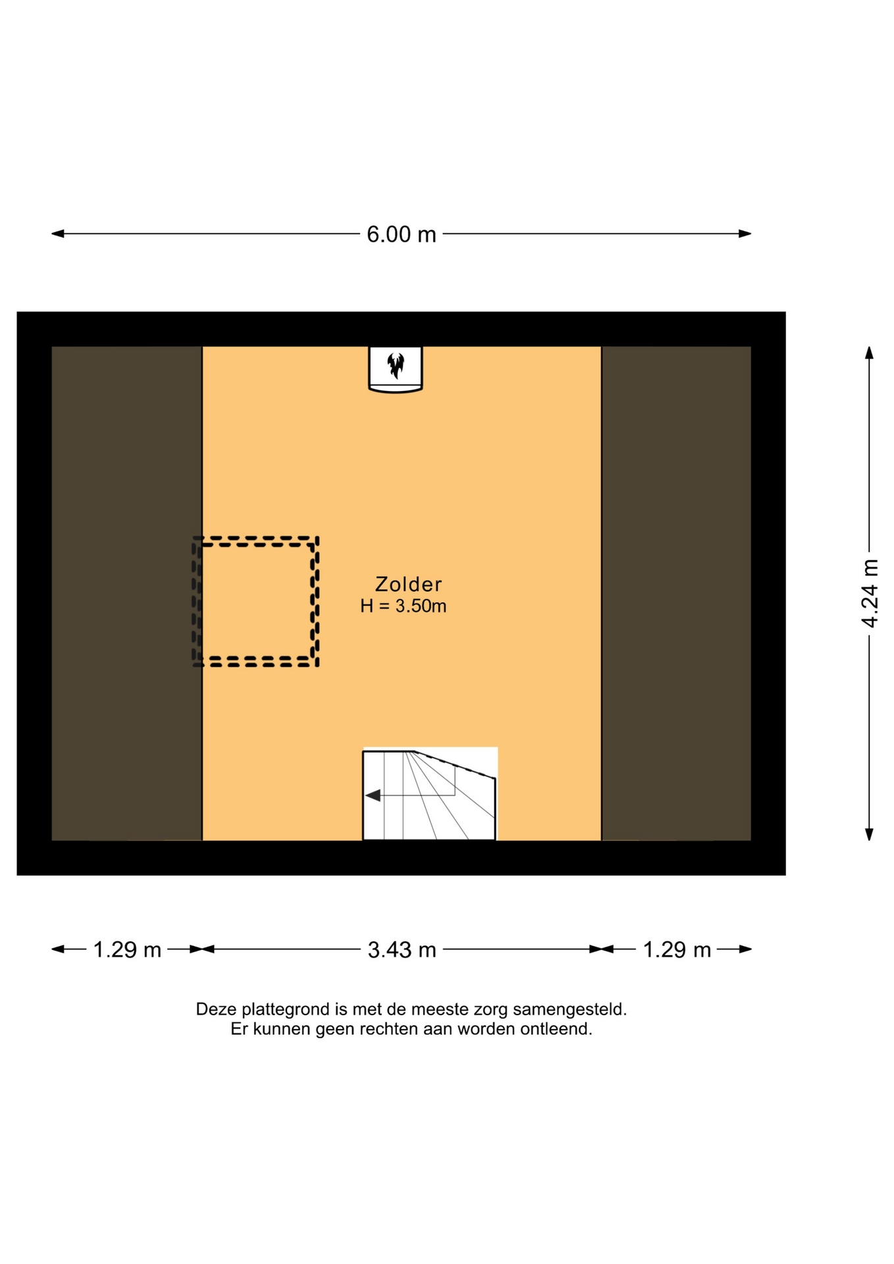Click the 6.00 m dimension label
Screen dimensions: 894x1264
coord(401,234)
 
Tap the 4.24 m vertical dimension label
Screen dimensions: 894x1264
coord(870,593)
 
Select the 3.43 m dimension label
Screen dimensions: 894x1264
coord(402,949)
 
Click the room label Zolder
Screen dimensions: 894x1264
coord(408,584)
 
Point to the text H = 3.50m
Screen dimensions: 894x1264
coord(403,606)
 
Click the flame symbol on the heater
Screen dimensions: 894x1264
coord(395,366)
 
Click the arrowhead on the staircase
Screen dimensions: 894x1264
coord(373,795)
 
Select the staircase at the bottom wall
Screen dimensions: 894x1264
coord(429,795)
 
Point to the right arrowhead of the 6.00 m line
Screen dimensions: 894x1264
coord(745,234)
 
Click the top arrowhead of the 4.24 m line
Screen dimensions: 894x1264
coord(869,353)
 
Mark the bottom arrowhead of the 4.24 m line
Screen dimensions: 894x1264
coord(869,834)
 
